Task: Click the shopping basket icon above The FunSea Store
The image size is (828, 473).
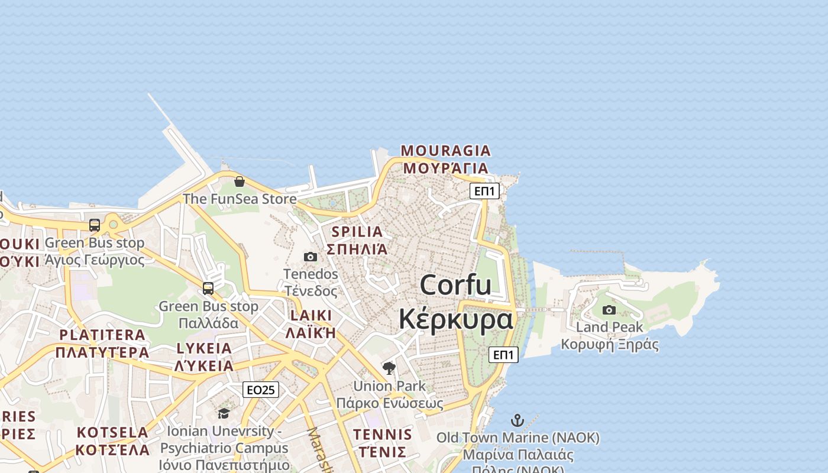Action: click(x=240, y=182)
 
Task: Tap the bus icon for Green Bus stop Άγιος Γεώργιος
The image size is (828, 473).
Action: click(x=95, y=225)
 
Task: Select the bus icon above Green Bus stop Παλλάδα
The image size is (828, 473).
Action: click(x=208, y=289)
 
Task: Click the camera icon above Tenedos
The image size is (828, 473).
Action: click(x=310, y=257)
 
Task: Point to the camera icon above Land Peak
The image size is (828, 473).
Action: click(x=609, y=310)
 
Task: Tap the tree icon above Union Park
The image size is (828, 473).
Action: click(x=389, y=368)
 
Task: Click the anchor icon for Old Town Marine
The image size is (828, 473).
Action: click(x=517, y=420)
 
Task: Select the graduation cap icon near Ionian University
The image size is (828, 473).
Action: click(x=224, y=413)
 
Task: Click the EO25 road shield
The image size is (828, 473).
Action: click(x=261, y=390)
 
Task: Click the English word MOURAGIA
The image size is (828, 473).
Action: click(x=446, y=151)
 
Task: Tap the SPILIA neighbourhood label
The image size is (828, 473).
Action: click(x=357, y=232)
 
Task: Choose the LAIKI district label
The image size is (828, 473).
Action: click(x=310, y=315)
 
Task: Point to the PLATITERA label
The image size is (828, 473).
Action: click(x=102, y=335)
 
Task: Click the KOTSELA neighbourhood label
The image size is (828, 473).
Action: click(x=112, y=432)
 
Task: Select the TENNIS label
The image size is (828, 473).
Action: click(x=383, y=435)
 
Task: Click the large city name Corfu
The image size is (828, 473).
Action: click(x=455, y=285)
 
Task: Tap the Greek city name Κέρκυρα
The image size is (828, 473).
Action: click(x=455, y=319)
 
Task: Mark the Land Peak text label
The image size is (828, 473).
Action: click(x=609, y=327)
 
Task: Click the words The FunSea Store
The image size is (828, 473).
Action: click(x=240, y=199)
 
